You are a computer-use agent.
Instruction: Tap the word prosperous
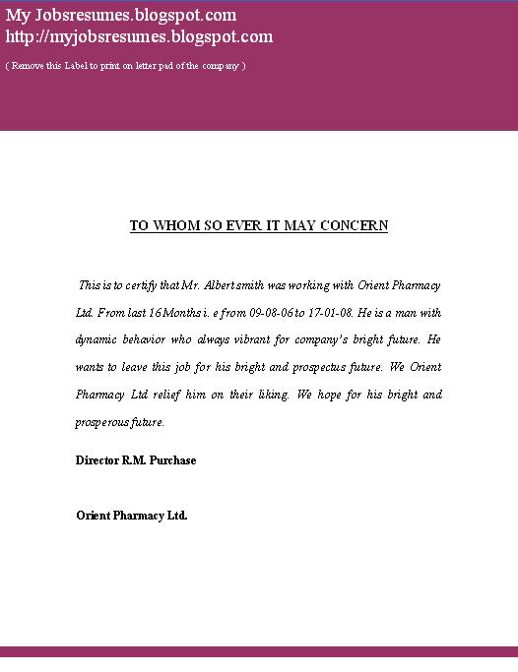tap(102, 422)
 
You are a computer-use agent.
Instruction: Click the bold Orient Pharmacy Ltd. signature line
tap(131, 516)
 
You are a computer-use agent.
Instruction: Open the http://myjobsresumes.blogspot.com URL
tap(139, 37)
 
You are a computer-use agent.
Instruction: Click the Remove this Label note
tap(125, 65)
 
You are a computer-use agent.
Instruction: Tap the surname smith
tap(265, 285)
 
